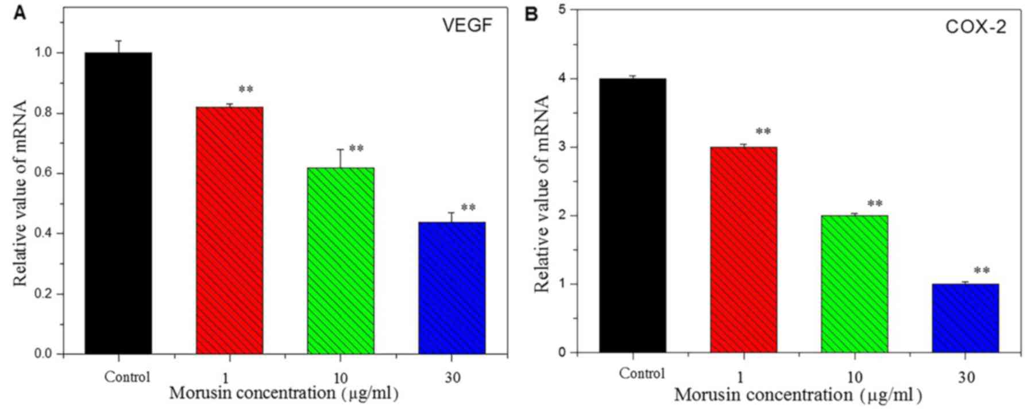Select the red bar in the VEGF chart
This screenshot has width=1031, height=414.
229,230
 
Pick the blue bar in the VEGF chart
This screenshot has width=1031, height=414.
451,287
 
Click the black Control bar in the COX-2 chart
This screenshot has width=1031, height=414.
632,215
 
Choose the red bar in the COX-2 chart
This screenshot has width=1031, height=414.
743,249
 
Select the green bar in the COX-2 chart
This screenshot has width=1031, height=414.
854,284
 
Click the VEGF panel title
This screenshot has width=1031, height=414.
467,25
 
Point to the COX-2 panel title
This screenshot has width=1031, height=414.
976,27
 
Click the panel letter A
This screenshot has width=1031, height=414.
20,13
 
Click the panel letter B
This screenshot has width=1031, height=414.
531,13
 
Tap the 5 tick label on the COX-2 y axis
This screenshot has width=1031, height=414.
563,10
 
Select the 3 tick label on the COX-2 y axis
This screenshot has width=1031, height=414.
563,147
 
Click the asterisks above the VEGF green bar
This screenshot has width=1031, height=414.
356,149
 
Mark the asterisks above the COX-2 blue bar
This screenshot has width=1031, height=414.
982,270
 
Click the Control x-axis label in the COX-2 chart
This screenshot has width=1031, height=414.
642,374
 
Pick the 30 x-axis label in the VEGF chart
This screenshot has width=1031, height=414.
452,377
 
